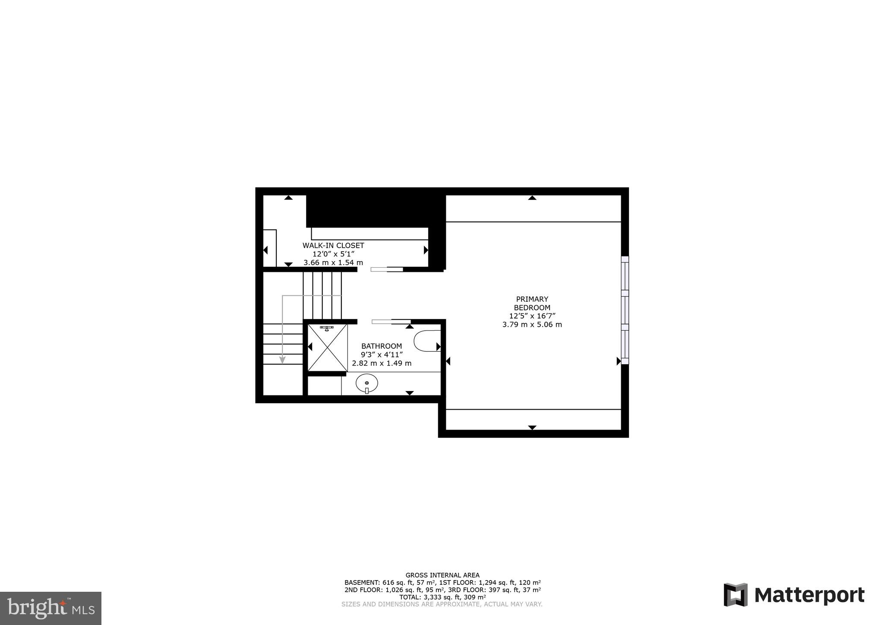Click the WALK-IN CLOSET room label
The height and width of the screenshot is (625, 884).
coord(333,246)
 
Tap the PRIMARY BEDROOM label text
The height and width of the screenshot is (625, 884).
coord(532,303)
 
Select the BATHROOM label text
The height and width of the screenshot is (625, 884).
coord(382,346)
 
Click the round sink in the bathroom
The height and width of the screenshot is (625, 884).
coord(367,383)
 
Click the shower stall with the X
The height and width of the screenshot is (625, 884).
coord(328,348)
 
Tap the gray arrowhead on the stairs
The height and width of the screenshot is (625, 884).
coord(282,360)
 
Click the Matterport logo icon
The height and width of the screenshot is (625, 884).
coord(735,594)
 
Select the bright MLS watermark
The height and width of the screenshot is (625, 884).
coord(51,608)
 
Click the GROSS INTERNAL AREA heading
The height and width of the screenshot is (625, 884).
coord(442,575)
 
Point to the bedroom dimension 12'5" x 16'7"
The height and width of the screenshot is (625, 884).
coord(532,316)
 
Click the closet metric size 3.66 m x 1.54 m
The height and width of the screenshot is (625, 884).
coord(333,262)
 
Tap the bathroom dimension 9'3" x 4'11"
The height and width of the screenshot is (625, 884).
coord(382,354)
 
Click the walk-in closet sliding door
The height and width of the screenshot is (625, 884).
coord(387,270)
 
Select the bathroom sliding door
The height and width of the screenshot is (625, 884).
coord(391,322)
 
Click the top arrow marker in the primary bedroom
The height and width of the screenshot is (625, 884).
coord(532,198)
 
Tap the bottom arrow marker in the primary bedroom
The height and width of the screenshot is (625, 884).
coord(532,427)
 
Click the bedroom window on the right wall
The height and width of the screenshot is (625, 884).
coord(625,310)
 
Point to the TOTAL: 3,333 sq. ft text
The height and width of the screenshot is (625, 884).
coord(442,597)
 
